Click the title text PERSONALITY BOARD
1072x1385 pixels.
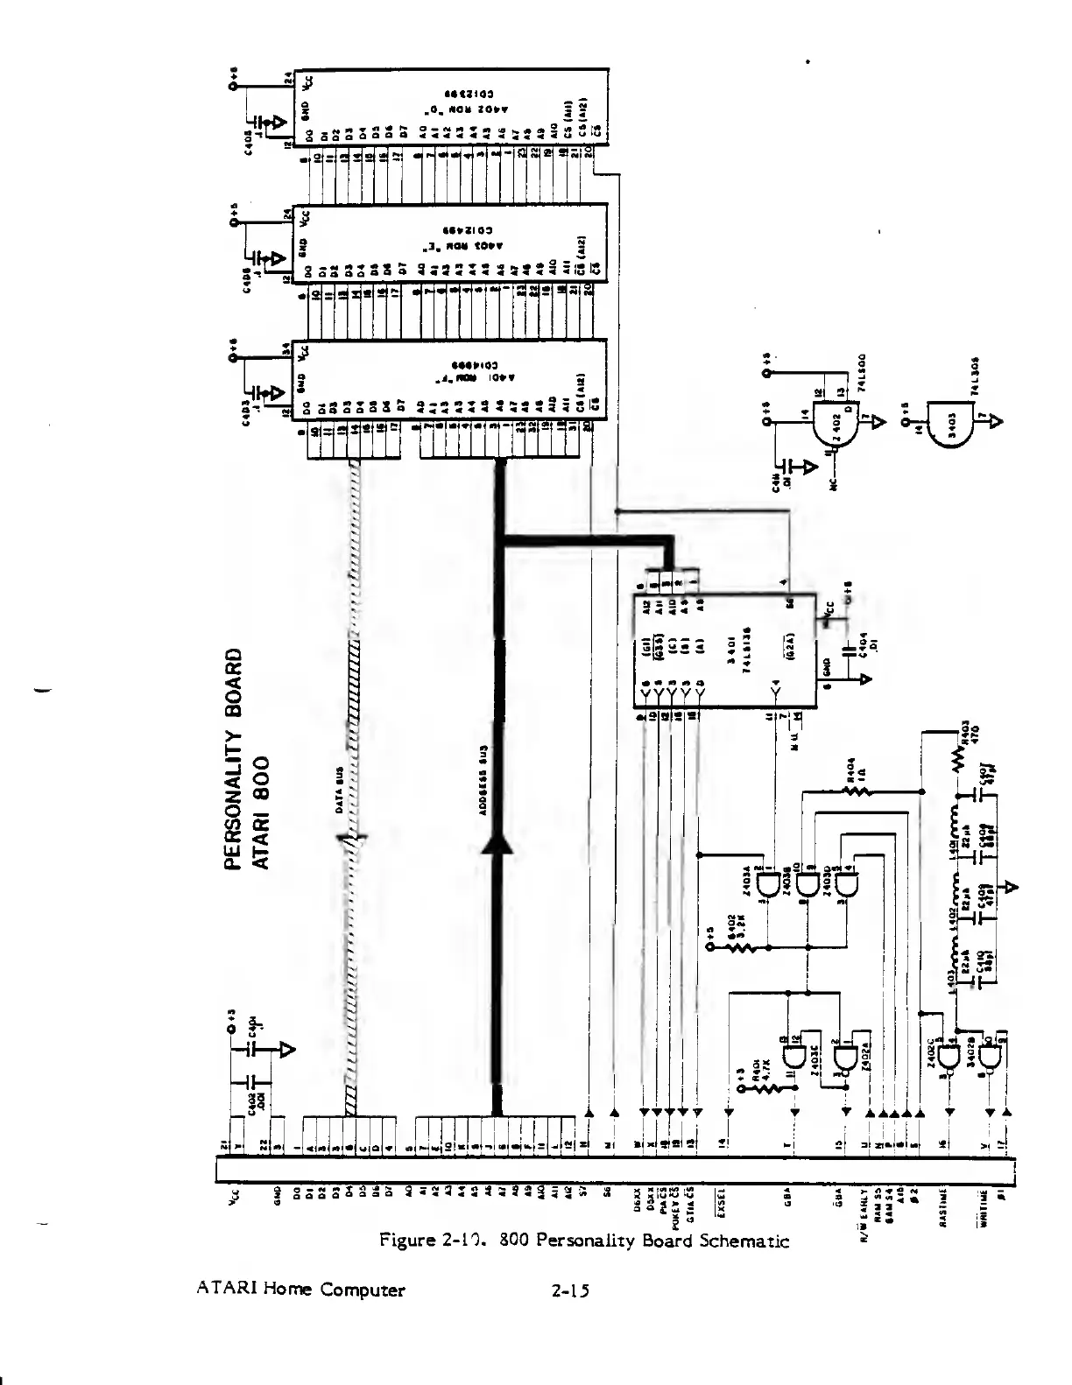tap(232, 758)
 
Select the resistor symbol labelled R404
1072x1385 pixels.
tap(856, 791)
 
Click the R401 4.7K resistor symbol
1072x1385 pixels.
tap(766, 1088)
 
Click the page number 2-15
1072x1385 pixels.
tap(570, 1290)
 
